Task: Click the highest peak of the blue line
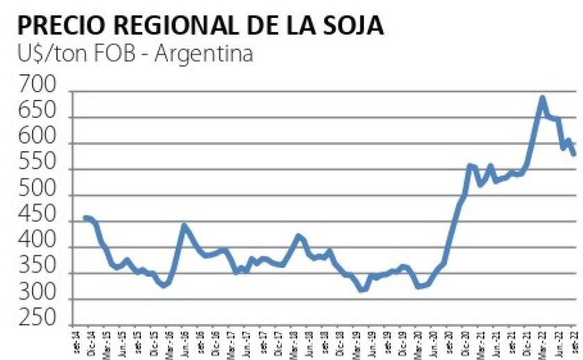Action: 542,98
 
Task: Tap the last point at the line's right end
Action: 574,154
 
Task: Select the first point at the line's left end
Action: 85,218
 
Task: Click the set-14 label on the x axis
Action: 77,342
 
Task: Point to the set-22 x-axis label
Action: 573,342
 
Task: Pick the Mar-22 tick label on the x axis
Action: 542,342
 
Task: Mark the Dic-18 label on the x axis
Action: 340,342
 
